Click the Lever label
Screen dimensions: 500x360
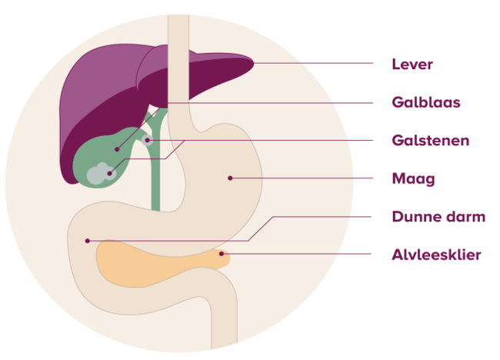tap(412, 64)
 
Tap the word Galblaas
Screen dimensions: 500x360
tap(426, 102)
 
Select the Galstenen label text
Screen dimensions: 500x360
tap(431, 140)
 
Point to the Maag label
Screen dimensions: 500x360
tap(413, 179)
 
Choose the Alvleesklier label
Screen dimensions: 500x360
tap(436, 255)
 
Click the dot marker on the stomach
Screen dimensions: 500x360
tap(230, 178)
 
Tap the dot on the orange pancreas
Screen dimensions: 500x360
tap(222, 254)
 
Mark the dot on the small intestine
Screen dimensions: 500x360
tap(88, 241)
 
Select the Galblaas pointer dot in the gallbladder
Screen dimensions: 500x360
tap(117, 149)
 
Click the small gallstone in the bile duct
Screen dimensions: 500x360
tap(148, 140)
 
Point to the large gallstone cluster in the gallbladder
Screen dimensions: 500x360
tap(101, 174)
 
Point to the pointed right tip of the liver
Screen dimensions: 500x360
tap(254, 63)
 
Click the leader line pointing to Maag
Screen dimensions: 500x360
tap(302, 178)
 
